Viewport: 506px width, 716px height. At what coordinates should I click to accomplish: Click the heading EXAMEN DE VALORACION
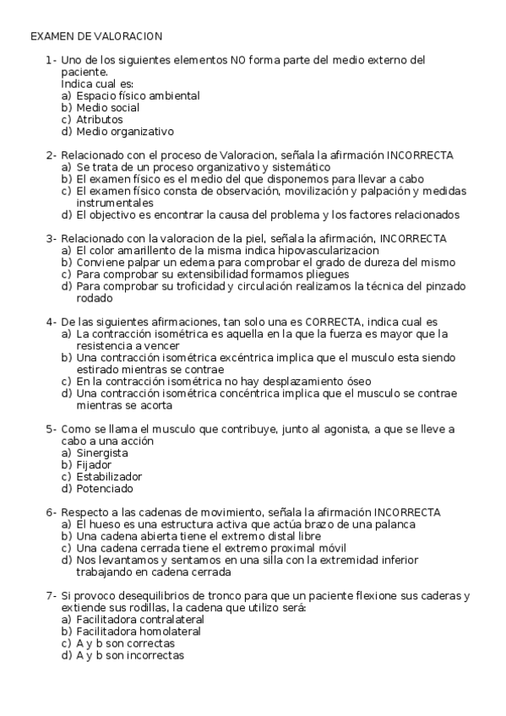(x=96, y=37)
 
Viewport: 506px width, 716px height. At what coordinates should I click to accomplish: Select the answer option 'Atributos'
(x=99, y=120)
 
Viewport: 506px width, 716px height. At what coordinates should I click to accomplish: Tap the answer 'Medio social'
(x=107, y=108)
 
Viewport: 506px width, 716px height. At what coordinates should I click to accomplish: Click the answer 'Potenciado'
(x=105, y=488)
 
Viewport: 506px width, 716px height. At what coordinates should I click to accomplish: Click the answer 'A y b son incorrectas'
(x=129, y=654)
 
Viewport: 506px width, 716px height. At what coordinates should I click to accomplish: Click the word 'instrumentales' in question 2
(x=115, y=203)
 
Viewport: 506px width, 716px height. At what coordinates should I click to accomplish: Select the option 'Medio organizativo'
(x=124, y=132)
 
